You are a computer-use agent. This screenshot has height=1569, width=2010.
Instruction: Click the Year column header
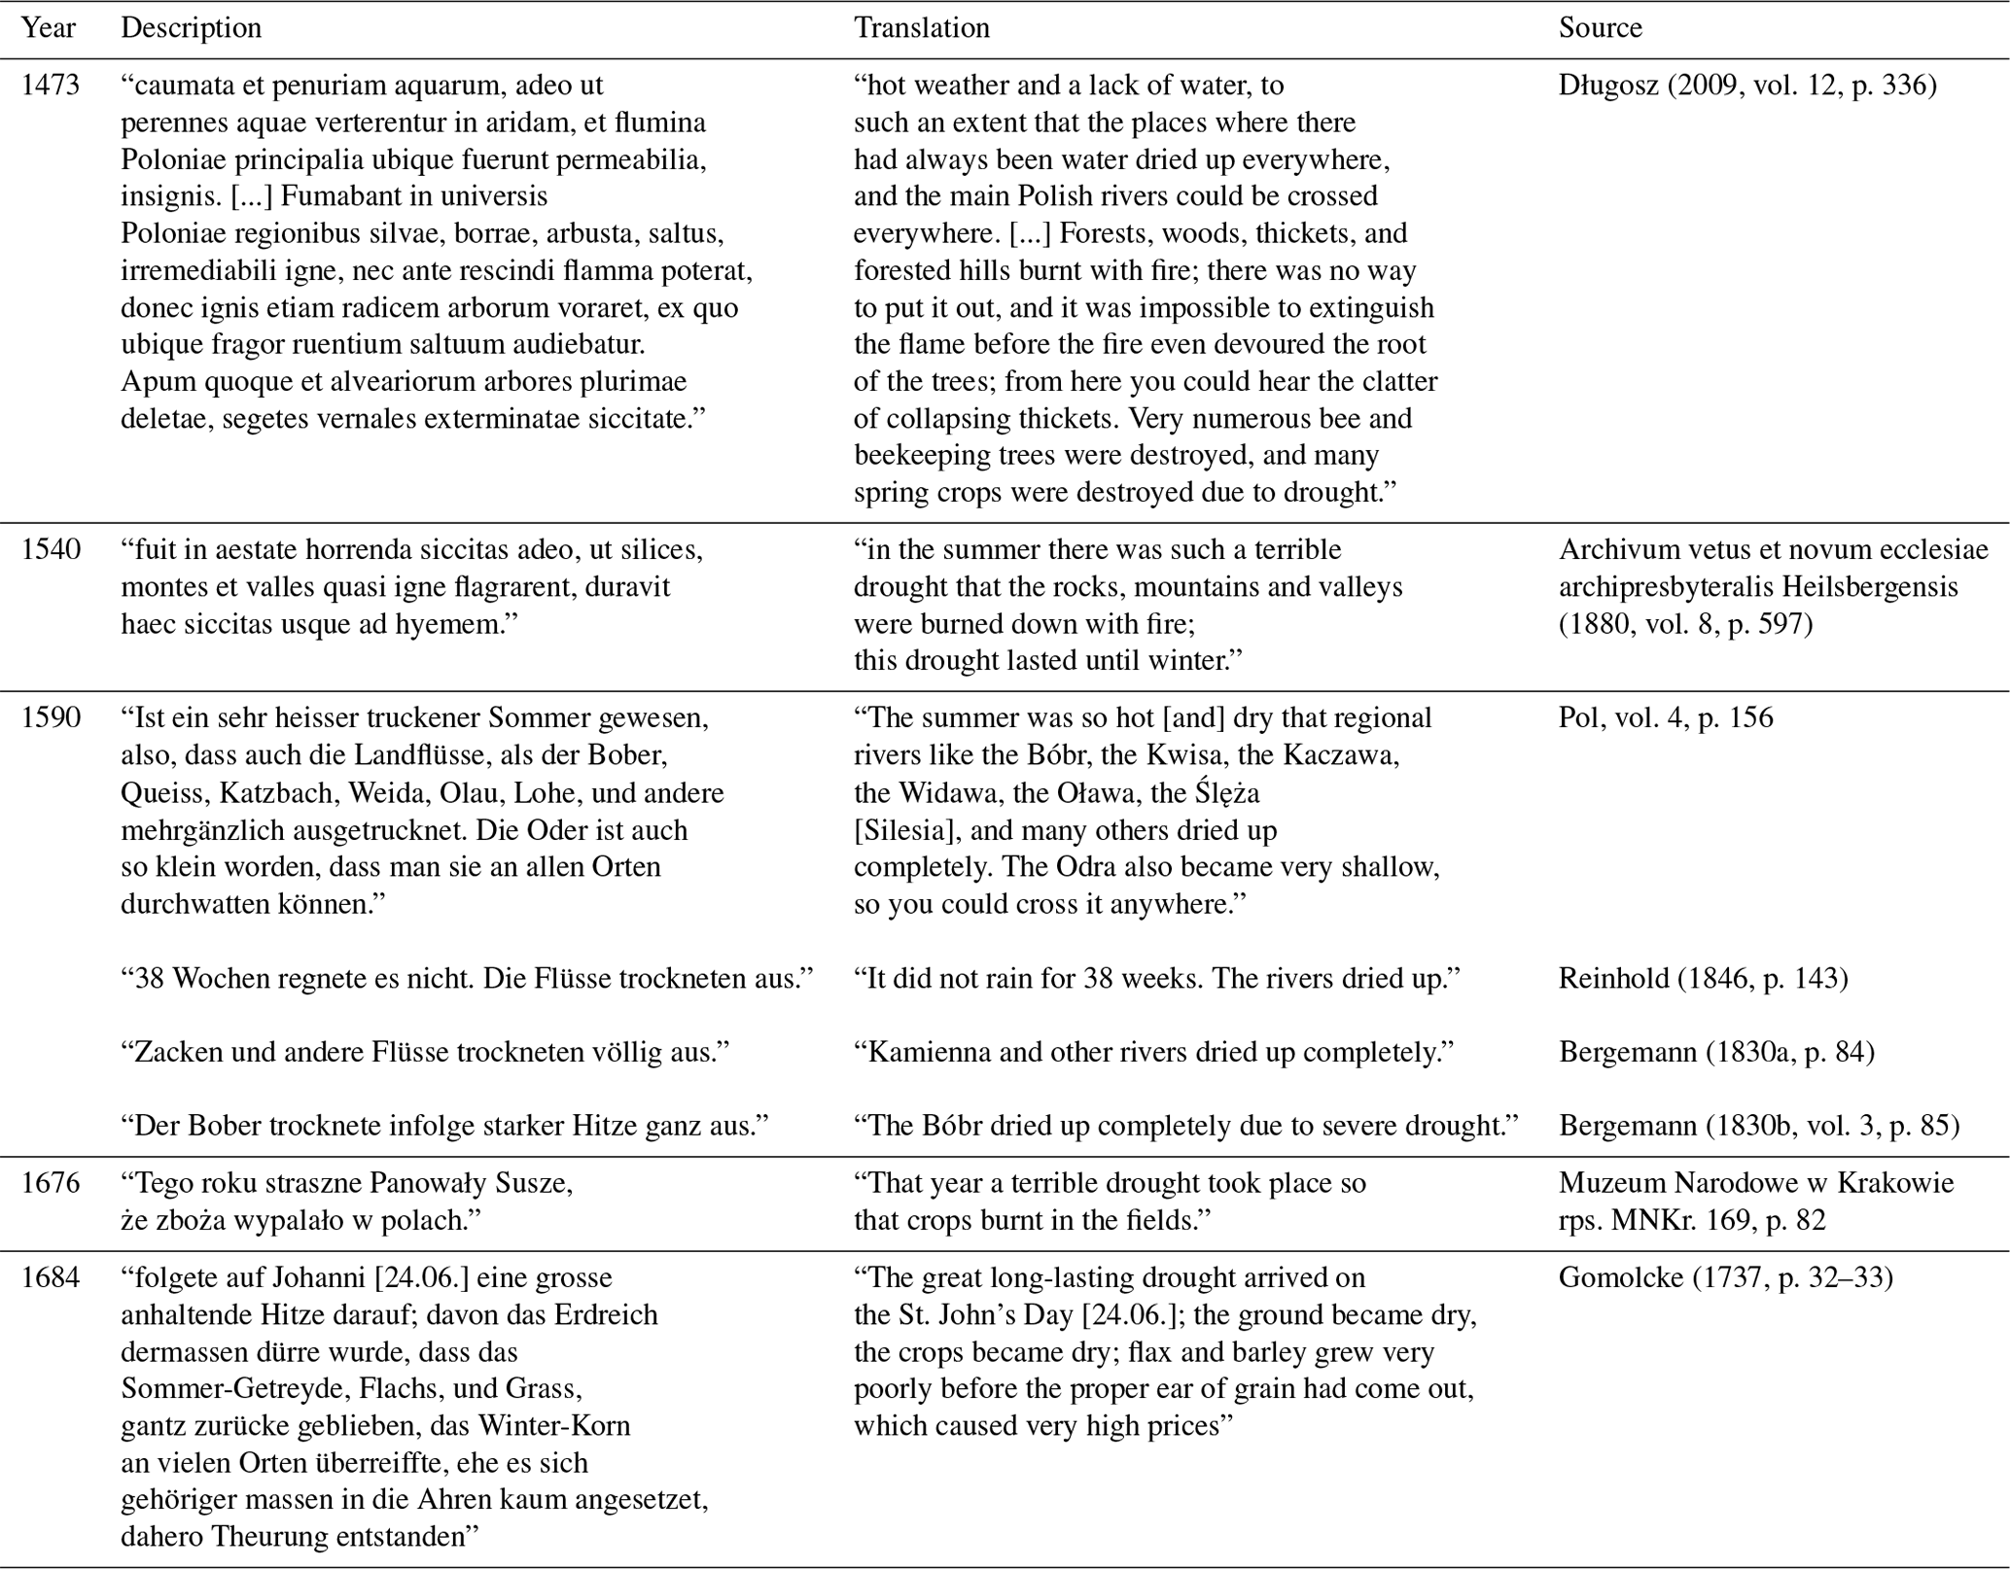click(48, 27)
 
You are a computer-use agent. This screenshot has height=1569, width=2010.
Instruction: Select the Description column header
click(191, 27)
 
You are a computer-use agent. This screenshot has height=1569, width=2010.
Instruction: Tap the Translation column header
click(921, 27)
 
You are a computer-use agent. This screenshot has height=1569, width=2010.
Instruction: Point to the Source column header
click(1600, 27)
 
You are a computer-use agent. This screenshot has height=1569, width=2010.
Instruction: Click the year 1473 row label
click(50, 86)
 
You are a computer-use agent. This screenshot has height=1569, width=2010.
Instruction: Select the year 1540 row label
click(50, 549)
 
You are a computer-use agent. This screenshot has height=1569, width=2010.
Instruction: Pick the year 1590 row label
click(50, 717)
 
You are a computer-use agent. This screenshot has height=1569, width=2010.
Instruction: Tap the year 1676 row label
click(50, 1183)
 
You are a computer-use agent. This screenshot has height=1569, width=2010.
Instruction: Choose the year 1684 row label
click(50, 1277)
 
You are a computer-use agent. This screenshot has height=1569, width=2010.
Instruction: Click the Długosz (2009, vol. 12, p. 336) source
click(1746, 86)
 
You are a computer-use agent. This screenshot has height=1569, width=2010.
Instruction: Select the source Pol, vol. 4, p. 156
click(1665, 717)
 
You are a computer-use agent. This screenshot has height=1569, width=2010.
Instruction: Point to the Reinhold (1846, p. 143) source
click(1703, 978)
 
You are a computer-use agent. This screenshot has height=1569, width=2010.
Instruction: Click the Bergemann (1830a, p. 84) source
click(1716, 1052)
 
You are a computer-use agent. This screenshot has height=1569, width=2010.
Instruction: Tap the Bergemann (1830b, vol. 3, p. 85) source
click(1758, 1126)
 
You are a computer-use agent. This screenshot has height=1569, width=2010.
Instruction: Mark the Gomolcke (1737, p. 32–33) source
click(1725, 1277)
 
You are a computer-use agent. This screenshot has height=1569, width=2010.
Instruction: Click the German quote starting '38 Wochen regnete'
click(467, 978)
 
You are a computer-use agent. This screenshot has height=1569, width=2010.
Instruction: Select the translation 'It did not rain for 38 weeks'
click(1156, 978)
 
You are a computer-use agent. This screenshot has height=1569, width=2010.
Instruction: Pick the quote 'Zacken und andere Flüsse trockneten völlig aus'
click(425, 1052)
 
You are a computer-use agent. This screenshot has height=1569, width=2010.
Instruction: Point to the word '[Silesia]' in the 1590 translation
click(899, 831)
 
